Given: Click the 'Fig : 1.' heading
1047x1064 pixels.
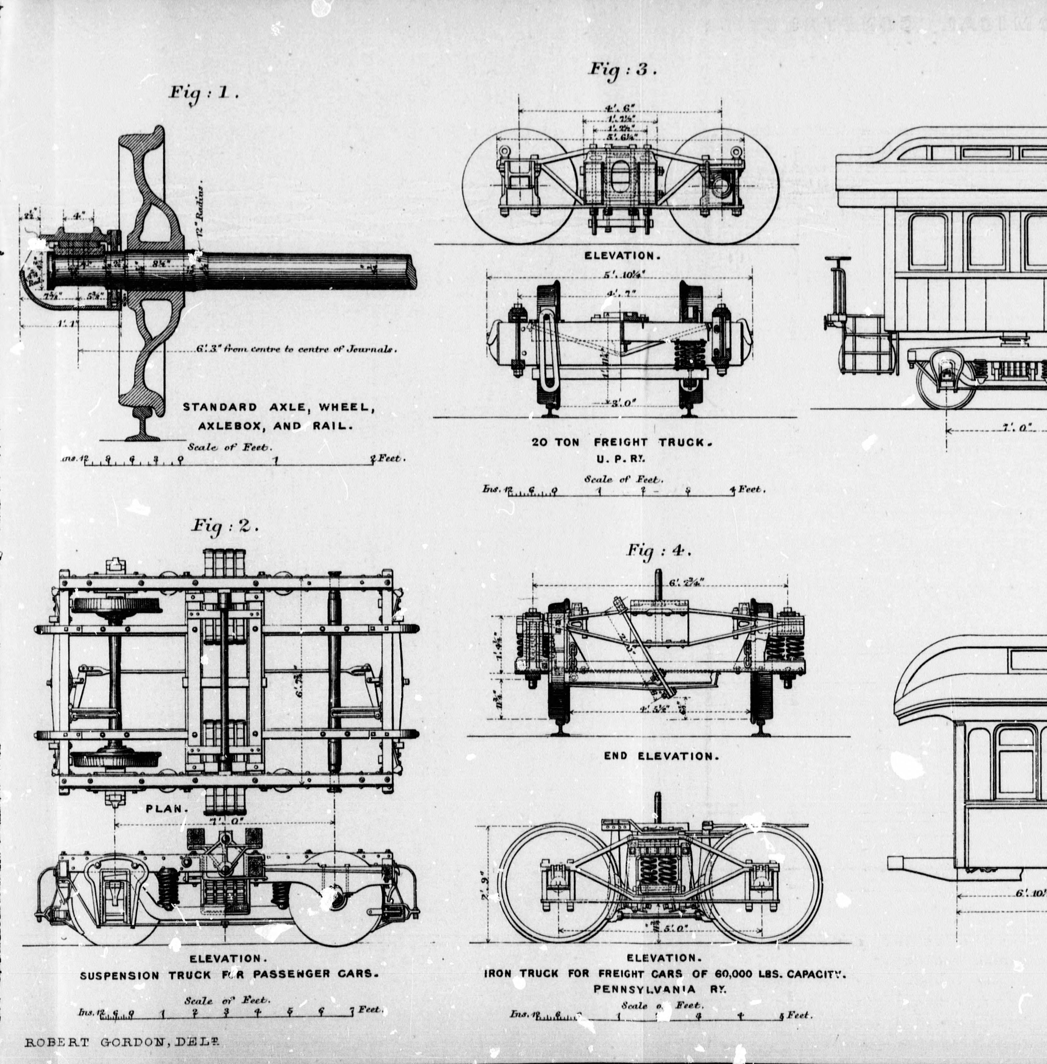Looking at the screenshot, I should (203, 92).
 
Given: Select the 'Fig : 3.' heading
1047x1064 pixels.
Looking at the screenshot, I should (623, 70).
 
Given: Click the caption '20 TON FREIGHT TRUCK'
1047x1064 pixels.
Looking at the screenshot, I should (622, 442).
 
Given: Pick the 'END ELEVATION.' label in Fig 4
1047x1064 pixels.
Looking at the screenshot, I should (661, 756).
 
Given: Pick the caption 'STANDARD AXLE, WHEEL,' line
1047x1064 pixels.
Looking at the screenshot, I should (279, 407).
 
